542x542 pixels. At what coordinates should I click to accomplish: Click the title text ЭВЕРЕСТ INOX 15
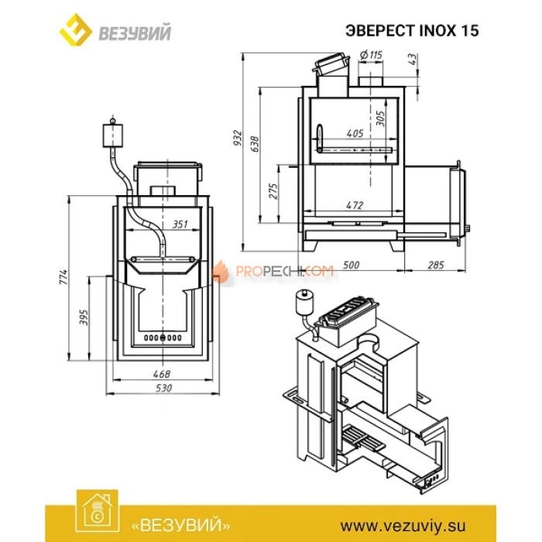click(x=411, y=31)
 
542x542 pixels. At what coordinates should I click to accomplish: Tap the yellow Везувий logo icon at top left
click(x=76, y=32)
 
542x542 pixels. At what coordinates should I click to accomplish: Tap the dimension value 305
click(x=379, y=118)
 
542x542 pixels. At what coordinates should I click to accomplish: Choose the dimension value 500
click(x=351, y=266)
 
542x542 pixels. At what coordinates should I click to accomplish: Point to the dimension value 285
click(x=436, y=266)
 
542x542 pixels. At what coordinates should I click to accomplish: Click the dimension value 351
click(x=180, y=225)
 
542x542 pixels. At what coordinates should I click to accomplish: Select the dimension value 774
click(x=65, y=276)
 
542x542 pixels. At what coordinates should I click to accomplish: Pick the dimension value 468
click(x=161, y=374)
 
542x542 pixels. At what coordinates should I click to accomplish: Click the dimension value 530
click(x=161, y=387)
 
